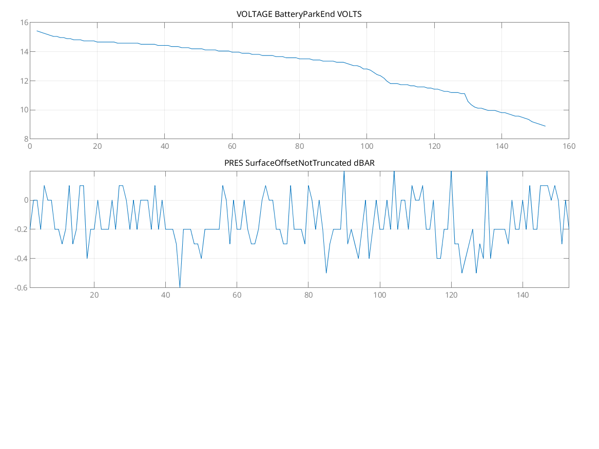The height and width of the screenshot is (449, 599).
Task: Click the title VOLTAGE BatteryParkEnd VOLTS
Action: tap(299, 14)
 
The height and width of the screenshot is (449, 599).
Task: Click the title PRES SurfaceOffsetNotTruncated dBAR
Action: tap(299, 163)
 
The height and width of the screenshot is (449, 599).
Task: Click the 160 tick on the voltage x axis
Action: tap(569, 146)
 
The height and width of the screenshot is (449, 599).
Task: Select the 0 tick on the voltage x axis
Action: tap(30, 146)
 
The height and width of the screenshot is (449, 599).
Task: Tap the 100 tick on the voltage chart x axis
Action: tap(366, 146)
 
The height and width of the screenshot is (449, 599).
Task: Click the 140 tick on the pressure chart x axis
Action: tap(523, 295)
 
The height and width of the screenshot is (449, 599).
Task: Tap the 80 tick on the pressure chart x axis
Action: tap(308, 295)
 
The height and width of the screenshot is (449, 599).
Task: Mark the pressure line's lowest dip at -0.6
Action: tap(180, 287)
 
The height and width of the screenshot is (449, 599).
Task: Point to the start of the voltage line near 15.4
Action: tap(37, 31)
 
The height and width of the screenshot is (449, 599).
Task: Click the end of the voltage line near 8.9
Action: tap(545, 126)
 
